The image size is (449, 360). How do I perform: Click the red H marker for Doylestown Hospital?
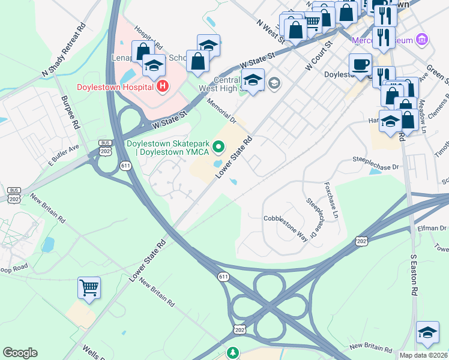point(161,87)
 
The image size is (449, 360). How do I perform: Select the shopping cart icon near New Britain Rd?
point(89,287)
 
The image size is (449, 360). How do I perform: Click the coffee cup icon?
point(361,64)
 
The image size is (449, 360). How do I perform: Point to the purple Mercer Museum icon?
point(423,40)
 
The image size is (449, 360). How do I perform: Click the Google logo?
point(20,353)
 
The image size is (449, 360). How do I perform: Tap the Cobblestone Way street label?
point(286,227)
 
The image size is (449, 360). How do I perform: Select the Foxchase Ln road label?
point(332,200)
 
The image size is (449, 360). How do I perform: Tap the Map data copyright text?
point(424,355)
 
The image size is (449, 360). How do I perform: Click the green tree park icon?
point(232,353)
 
